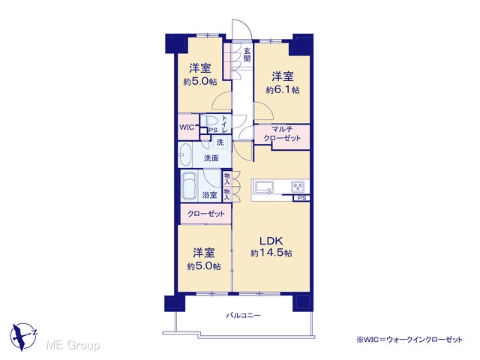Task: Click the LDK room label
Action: (271, 241)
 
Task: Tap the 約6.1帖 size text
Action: (283, 90)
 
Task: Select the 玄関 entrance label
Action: (247, 55)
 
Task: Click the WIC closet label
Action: (187, 127)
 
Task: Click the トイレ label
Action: (224, 124)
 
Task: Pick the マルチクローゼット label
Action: (282, 133)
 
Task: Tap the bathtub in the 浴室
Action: (189, 186)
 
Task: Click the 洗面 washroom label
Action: (211, 158)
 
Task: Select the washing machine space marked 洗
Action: (220, 142)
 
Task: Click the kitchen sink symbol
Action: (265, 187)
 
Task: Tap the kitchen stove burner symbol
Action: (298, 186)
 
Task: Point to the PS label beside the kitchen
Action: (301, 198)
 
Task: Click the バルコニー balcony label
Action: (243, 315)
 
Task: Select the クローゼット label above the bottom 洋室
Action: (206, 214)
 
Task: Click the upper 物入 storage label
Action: (226, 178)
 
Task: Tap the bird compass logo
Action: (24, 336)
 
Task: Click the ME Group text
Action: (73, 345)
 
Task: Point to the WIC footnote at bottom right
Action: (409, 340)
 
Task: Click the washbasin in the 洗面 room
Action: (184, 154)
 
